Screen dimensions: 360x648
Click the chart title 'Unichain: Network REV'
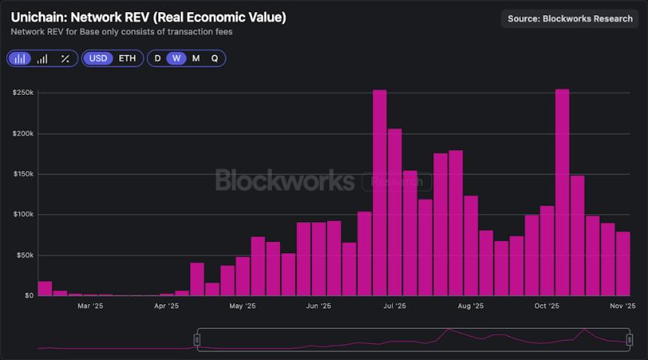pos(148,17)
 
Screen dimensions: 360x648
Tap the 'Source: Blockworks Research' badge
pos(570,18)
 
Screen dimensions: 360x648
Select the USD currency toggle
pos(98,58)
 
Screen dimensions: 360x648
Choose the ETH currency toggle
pos(127,58)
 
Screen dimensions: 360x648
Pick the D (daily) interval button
pos(157,58)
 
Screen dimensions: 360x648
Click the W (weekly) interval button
pos(176,58)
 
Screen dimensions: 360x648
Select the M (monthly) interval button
pos(196,58)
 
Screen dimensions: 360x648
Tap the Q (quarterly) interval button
pos(215,58)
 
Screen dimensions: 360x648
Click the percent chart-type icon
pos(65,58)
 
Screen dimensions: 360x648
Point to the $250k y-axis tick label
pos(23,93)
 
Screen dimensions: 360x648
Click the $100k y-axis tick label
pos(23,215)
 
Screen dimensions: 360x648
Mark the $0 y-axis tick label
pos(28,295)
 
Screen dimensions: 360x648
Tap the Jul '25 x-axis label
pos(395,307)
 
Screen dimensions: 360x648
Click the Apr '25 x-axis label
pos(167,307)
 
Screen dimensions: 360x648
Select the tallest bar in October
pos(562,192)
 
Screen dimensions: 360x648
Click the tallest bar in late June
pos(380,193)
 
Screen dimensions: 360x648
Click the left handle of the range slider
pos(197,340)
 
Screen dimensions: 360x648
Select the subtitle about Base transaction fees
pos(121,32)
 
